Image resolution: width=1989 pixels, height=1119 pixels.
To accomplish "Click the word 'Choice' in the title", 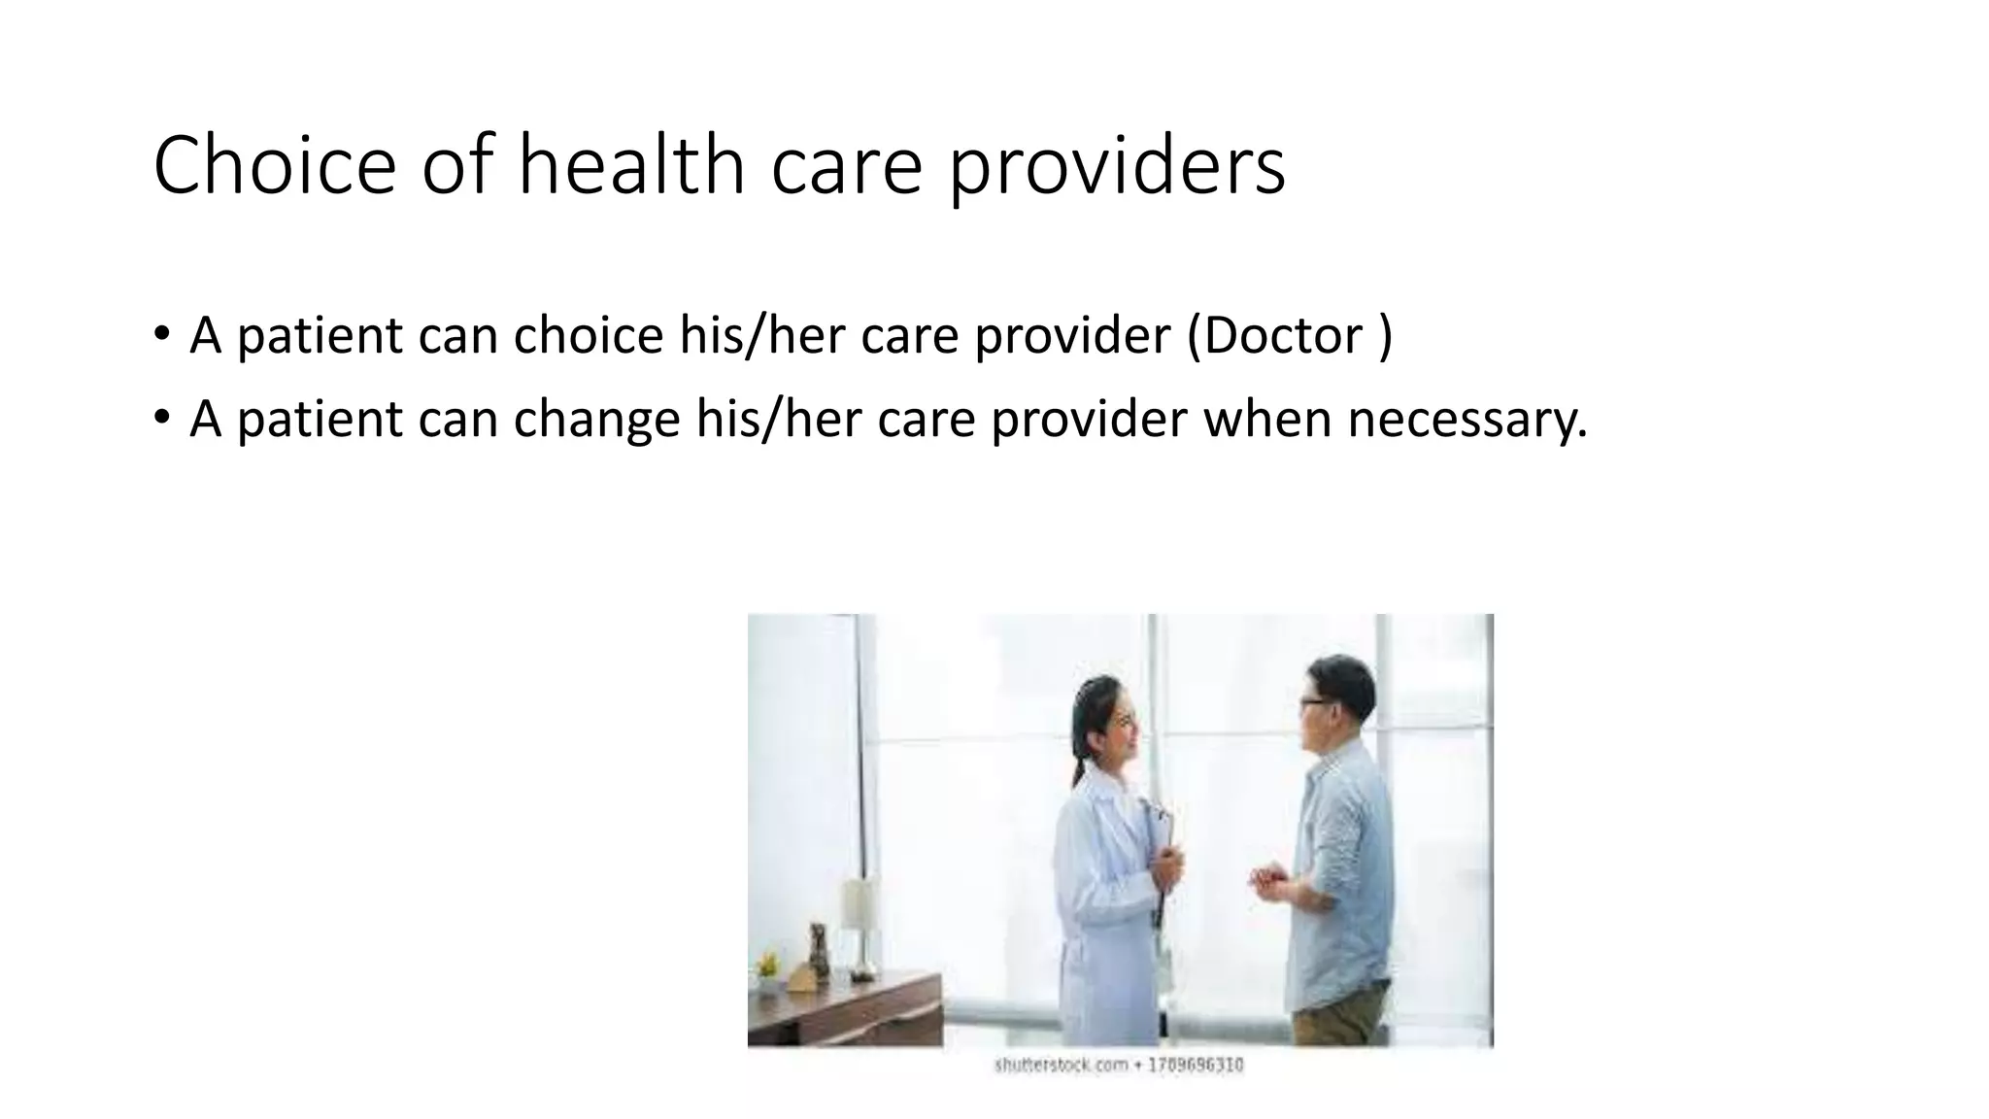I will tap(274, 165).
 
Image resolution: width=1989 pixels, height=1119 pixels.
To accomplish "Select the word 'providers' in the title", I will tap(1116, 167).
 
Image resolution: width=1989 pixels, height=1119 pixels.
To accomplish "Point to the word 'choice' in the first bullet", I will tap(588, 335).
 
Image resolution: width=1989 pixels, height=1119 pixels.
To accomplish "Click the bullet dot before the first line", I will tap(161, 333).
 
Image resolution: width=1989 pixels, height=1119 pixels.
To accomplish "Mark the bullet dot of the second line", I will tap(161, 418).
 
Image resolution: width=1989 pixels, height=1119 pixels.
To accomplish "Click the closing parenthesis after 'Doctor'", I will tap(1385, 335).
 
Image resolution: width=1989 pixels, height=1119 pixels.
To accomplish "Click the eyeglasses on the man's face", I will tap(1312, 702).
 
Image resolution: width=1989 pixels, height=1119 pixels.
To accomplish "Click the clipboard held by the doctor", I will tap(1158, 855).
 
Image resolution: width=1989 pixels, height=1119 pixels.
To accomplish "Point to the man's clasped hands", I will tap(1270, 882).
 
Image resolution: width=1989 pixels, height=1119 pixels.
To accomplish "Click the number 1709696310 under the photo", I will tap(1195, 1066).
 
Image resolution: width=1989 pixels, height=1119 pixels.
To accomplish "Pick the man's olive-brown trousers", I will tap(1342, 1015).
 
